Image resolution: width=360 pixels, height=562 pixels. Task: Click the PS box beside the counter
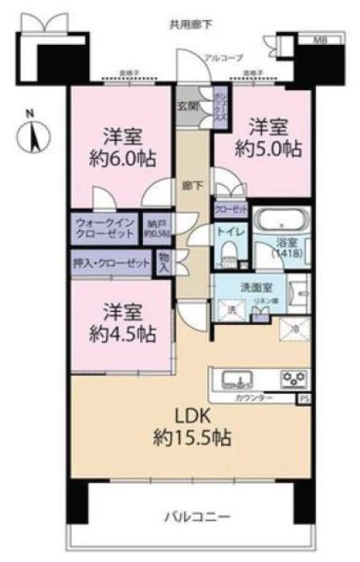click(x=304, y=398)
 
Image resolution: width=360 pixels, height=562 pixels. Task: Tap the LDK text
click(x=191, y=417)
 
